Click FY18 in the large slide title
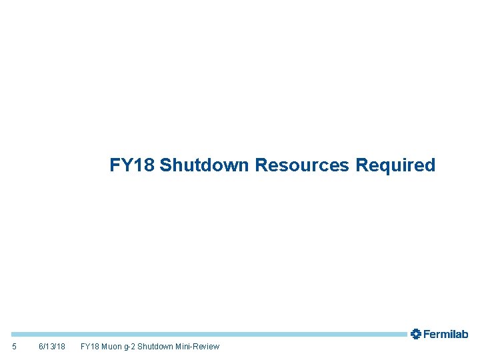click(x=132, y=165)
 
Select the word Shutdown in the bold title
click(x=205, y=165)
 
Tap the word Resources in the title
click(x=303, y=165)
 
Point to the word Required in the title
click(x=395, y=165)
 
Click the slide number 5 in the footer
click(x=15, y=347)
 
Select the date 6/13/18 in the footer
click(x=52, y=347)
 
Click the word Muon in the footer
click(x=111, y=347)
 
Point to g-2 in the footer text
click(x=131, y=347)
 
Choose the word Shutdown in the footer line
click(x=157, y=347)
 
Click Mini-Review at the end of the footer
click(x=198, y=347)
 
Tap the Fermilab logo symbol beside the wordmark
click(x=416, y=334)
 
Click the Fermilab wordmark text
click(x=446, y=334)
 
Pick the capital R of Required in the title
click(x=362, y=165)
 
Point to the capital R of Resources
click(x=261, y=165)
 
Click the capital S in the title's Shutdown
click(x=166, y=165)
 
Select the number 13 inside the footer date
click(x=52, y=347)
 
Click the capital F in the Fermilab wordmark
click(x=427, y=334)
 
